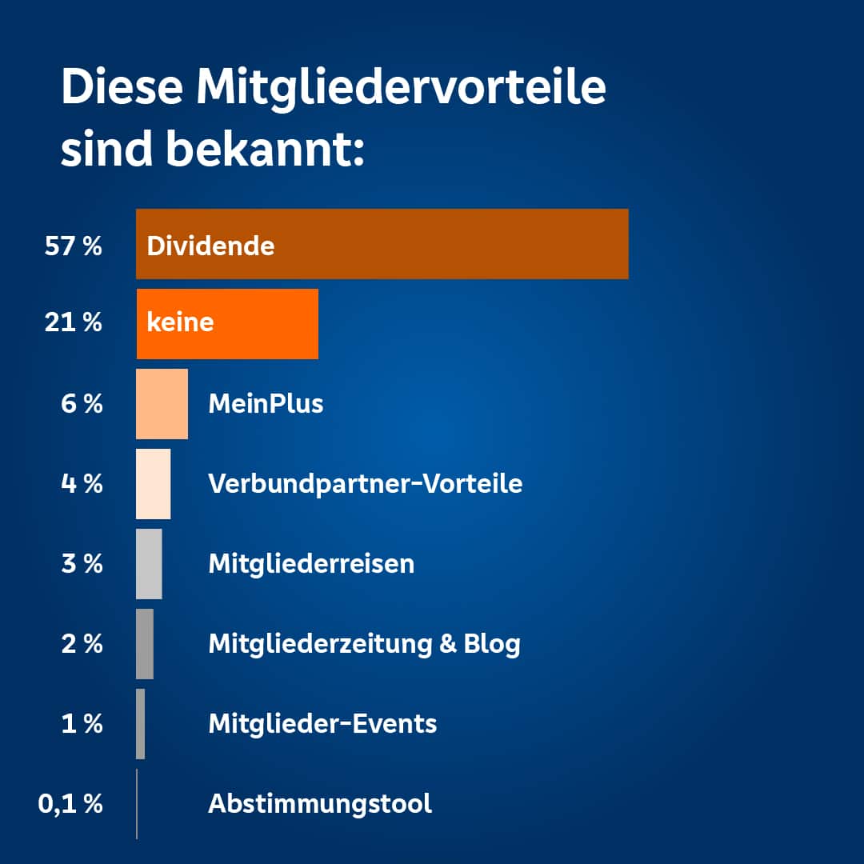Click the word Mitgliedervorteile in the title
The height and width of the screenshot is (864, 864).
tap(401, 88)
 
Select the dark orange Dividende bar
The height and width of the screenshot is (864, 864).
tap(382, 244)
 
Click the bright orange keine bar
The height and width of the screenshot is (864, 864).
tap(227, 324)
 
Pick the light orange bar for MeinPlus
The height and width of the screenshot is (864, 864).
tap(162, 404)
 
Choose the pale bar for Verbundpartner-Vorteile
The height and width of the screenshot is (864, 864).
tap(153, 484)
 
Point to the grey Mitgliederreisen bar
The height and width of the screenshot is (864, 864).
tap(149, 564)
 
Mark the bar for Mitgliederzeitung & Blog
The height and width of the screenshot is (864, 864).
tap(144, 644)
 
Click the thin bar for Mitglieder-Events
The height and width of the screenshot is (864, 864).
tap(140, 724)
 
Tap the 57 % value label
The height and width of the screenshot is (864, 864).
tap(74, 246)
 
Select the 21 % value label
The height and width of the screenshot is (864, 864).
tap(74, 323)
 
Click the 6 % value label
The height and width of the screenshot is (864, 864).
tap(82, 404)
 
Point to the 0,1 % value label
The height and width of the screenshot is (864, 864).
tap(70, 804)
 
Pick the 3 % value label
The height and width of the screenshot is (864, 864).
tap(82, 564)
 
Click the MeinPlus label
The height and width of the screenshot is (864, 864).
tap(266, 403)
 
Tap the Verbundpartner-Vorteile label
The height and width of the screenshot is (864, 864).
tap(365, 483)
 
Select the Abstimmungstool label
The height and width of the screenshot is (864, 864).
tap(320, 803)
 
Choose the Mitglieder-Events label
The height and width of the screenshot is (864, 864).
tap(322, 724)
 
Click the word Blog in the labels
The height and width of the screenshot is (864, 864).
tap(492, 643)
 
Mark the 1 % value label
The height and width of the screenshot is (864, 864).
tap(82, 724)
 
